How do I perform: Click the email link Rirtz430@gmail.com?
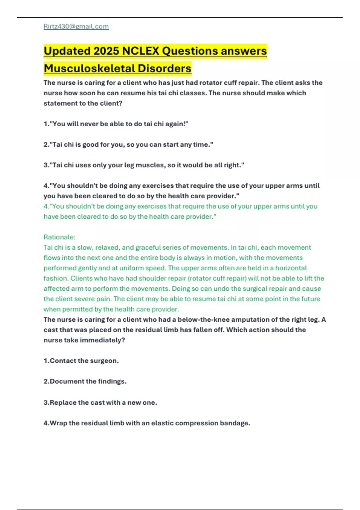click(x=76, y=26)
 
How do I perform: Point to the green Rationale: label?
click(x=59, y=237)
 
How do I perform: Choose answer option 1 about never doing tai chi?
click(x=116, y=124)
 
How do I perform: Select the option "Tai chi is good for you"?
click(x=128, y=145)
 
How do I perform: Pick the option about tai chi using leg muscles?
click(x=144, y=165)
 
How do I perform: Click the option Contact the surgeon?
click(x=81, y=361)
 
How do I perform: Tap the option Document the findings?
click(x=85, y=381)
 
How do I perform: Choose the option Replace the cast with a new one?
click(x=100, y=402)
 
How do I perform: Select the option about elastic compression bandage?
click(x=147, y=423)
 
